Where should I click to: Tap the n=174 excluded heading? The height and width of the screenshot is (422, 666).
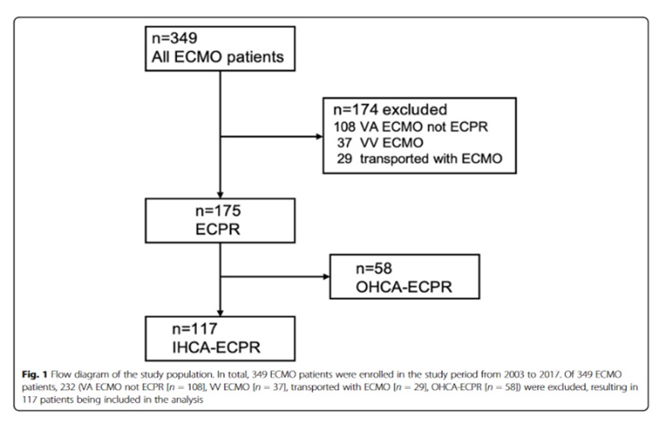tap(384, 110)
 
